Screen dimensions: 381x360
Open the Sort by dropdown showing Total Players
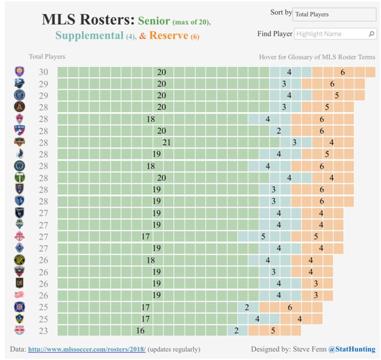(x=334, y=15)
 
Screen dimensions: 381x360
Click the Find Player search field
(x=335, y=34)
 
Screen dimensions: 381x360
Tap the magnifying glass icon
(x=371, y=34)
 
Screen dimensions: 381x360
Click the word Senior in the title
(x=154, y=21)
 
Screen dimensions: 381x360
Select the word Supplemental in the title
(x=89, y=35)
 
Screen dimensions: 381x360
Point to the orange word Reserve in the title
(x=169, y=35)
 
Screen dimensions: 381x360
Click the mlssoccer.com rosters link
(x=87, y=349)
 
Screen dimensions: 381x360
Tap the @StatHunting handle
(x=352, y=349)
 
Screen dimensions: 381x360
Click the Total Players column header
(x=47, y=56)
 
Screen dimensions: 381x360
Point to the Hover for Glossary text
(x=317, y=57)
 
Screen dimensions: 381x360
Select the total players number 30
(x=44, y=72)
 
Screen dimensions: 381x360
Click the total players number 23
(x=44, y=331)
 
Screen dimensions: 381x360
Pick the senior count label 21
(x=166, y=143)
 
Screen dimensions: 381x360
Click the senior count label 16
(x=140, y=331)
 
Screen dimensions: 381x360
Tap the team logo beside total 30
(x=19, y=72)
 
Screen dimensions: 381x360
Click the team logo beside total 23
(x=19, y=330)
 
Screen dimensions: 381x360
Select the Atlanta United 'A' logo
(x=19, y=107)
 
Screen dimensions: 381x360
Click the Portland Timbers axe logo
(x=19, y=177)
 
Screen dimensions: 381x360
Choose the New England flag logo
(x=19, y=295)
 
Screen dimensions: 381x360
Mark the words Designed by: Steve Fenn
(x=289, y=349)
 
